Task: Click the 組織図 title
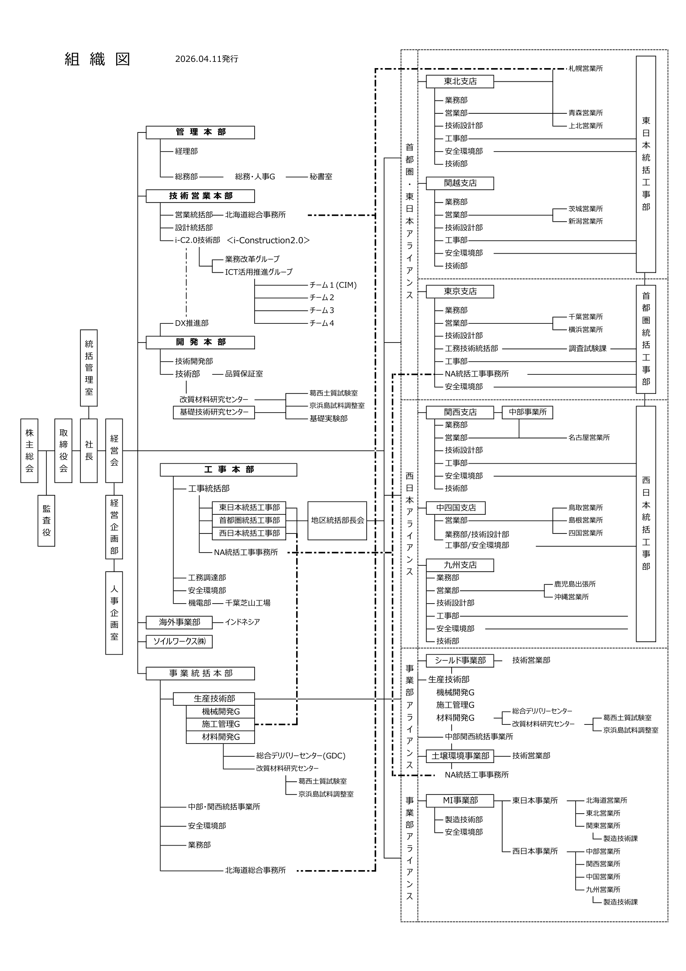click(x=97, y=59)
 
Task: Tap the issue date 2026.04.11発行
click(x=207, y=59)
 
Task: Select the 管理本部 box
click(x=200, y=132)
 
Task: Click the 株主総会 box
click(x=29, y=450)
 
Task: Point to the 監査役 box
click(x=46, y=521)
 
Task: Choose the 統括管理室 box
click(x=89, y=367)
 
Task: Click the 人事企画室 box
click(x=114, y=613)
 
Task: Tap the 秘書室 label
click(x=321, y=177)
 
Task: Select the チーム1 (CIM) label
click(x=333, y=285)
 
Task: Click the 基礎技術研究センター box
click(x=214, y=412)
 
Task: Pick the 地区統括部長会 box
click(x=337, y=521)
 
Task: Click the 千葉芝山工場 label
click(x=248, y=603)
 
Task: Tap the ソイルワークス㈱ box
click(x=179, y=641)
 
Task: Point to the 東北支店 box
click(x=460, y=82)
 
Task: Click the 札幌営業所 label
click(x=586, y=68)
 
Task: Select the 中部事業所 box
click(x=527, y=412)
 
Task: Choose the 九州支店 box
click(x=460, y=565)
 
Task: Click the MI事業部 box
click(x=460, y=800)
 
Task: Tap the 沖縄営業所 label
click(x=571, y=597)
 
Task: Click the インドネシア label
click(x=242, y=622)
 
